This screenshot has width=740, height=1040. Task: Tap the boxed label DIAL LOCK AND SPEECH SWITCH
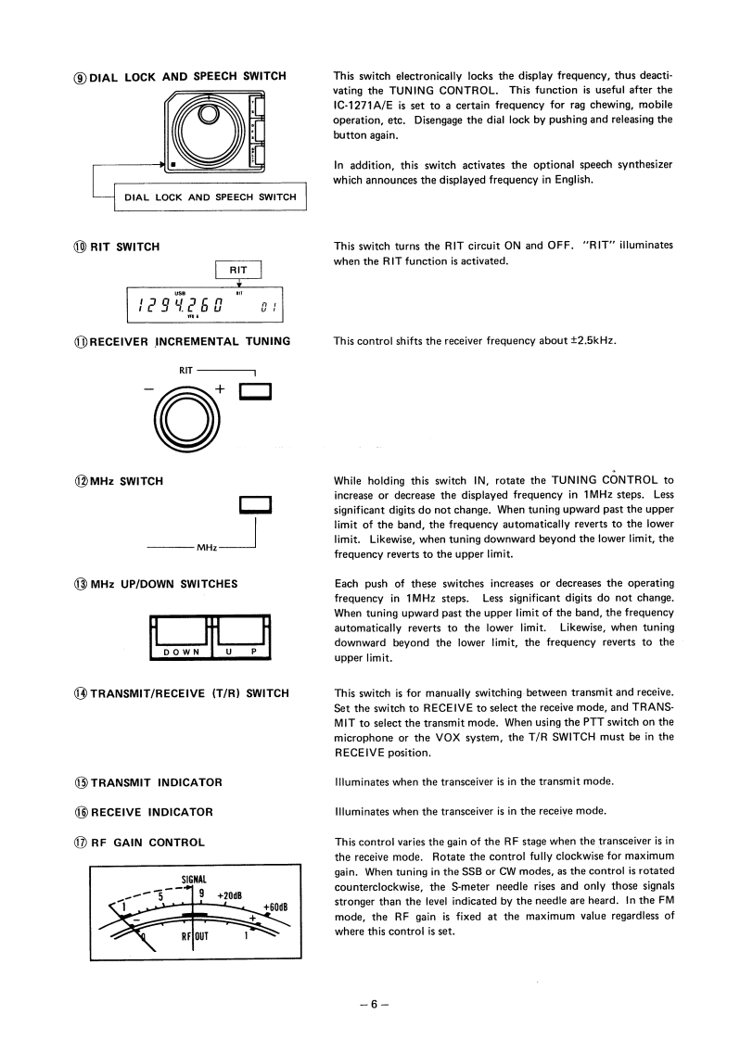click(210, 197)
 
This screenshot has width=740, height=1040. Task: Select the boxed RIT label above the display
click(238, 269)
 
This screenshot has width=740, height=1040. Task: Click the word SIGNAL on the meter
click(194, 879)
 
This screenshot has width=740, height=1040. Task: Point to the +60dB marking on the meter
click(279, 907)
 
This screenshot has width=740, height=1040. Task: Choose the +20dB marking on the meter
click(228, 895)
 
